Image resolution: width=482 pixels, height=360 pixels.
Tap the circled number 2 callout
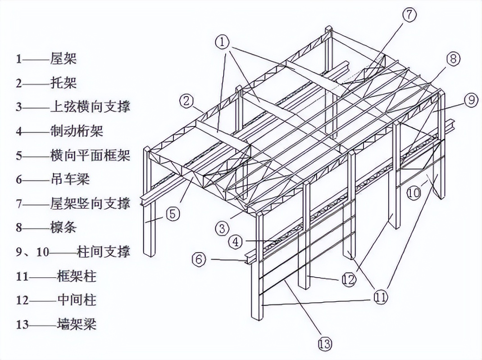pyautogui.click(x=186, y=101)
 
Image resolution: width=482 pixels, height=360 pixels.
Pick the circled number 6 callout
pyautogui.click(x=199, y=259)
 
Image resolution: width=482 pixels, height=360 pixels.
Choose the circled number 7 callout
pyautogui.click(x=409, y=15)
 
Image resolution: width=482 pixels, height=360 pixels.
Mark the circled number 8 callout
pyautogui.click(x=453, y=58)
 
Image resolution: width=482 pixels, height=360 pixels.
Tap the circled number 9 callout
pyautogui.click(x=471, y=100)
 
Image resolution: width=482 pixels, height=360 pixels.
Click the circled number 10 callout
pyautogui.click(x=414, y=193)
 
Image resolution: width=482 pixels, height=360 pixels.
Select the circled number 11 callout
pyautogui.click(x=380, y=297)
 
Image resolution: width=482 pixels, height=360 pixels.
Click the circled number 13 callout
pyautogui.click(x=324, y=344)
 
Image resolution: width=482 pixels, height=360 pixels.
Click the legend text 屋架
pyautogui.click(x=64, y=58)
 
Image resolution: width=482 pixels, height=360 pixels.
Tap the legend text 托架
pyautogui.click(x=64, y=82)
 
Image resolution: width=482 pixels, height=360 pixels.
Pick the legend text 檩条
pyautogui.click(x=64, y=227)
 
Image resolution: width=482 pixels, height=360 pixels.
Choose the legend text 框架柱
pyautogui.click(x=77, y=276)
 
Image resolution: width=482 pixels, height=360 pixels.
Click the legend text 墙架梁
pyautogui.click(x=77, y=324)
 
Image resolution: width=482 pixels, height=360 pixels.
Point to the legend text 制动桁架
pyautogui.click(x=77, y=131)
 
